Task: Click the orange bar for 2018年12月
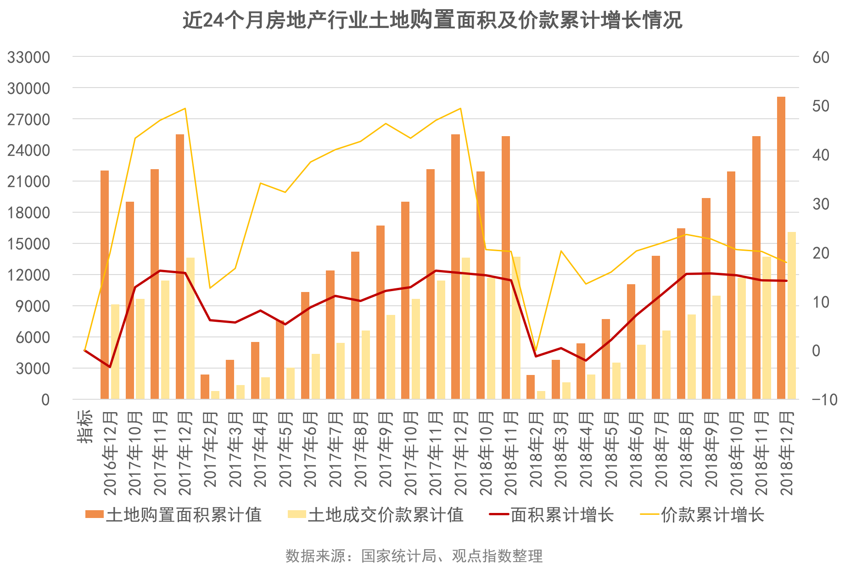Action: tap(781, 248)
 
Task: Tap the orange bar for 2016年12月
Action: tap(105, 284)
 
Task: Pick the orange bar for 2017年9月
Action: tap(381, 312)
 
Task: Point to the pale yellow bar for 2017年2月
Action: tap(215, 395)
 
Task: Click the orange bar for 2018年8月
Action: tap(681, 314)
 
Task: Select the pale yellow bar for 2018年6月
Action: tap(641, 372)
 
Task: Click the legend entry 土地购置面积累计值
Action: tap(173, 515)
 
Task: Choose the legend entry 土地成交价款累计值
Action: tap(375, 515)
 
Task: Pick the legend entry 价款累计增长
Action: tap(702, 515)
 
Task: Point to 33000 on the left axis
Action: tap(28, 57)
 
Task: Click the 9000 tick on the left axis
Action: tap(33, 306)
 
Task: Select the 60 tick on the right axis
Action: tap(821, 57)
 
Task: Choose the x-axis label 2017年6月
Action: tap(310, 449)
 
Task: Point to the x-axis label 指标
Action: tap(85, 426)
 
